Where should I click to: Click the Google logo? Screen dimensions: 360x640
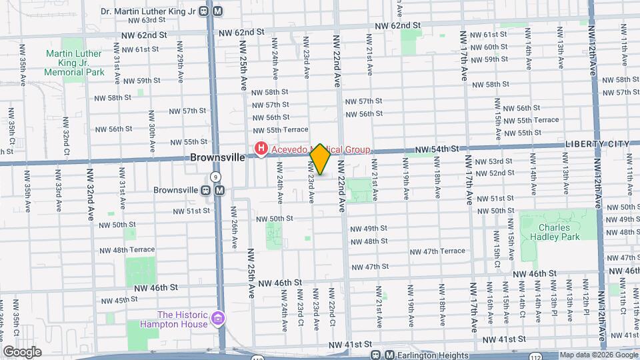(21, 352)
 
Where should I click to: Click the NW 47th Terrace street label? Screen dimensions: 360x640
(437, 251)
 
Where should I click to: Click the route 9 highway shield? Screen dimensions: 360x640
(215, 177)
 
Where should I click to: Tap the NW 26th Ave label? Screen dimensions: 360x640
(235, 227)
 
